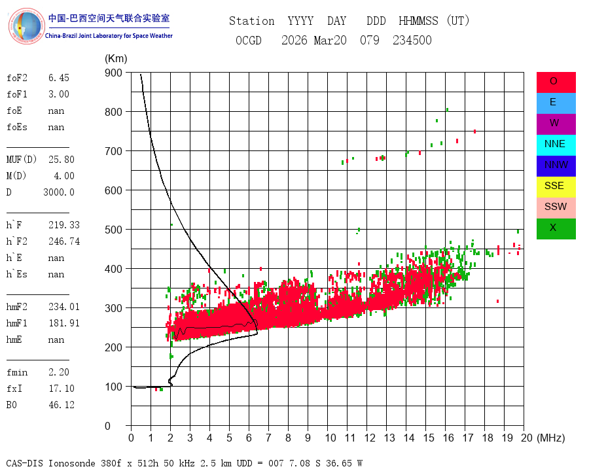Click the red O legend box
[x=556, y=82]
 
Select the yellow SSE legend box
[x=556, y=186]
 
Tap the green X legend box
[x=556, y=228]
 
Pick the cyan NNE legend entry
[x=556, y=145]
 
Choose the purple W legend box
[x=556, y=124]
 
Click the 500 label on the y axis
[x=113, y=230]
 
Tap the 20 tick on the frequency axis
[x=527, y=438]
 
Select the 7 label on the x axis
[x=268, y=438]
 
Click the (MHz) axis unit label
[x=550, y=438]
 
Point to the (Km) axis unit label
[x=116, y=59]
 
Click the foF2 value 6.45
[x=58, y=78]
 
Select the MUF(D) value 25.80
[x=62, y=160]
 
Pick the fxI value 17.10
[x=62, y=389]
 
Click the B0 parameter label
[x=13, y=405]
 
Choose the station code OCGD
[x=249, y=41]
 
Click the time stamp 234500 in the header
[x=412, y=41]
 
